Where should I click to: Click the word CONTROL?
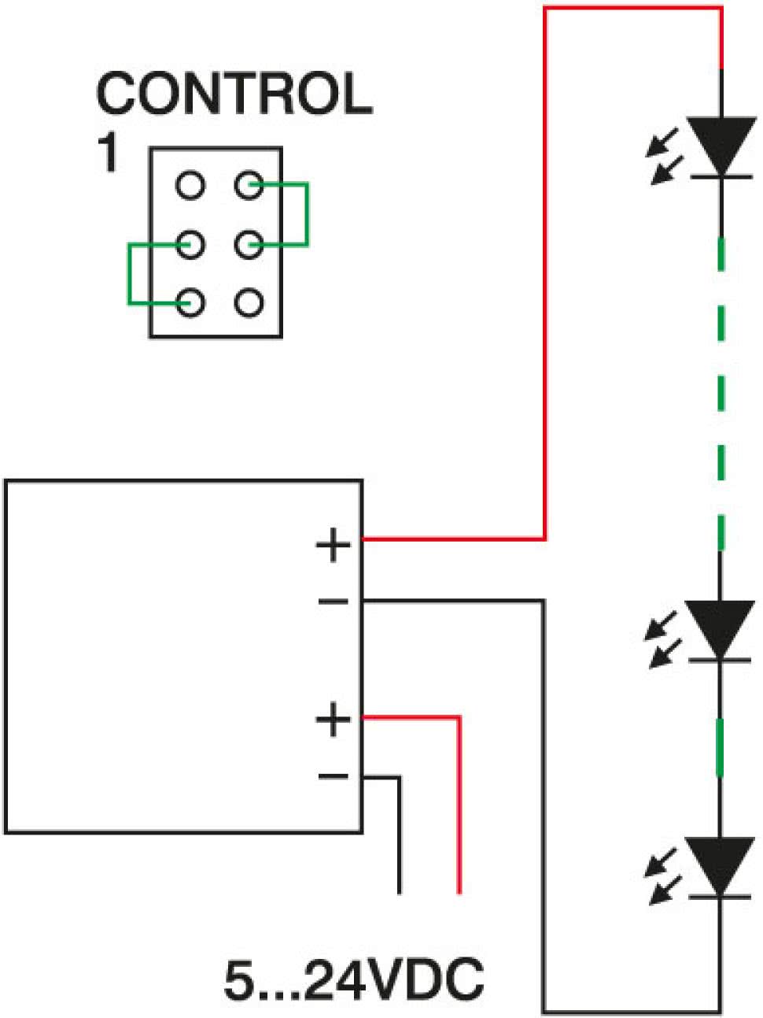pos(234,93)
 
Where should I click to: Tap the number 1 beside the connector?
pos(107,154)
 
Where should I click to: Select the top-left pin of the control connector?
pos(190,186)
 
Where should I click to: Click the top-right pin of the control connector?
pos(249,186)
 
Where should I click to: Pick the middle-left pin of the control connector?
pos(190,244)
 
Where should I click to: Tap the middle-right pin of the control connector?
pos(249,244)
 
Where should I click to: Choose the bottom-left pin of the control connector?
pos(190,303)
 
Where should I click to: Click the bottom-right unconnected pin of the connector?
pos(249,303)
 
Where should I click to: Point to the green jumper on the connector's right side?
pos(307,215)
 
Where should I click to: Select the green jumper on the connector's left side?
pos(130,274)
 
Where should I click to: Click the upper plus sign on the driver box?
pos(333,545)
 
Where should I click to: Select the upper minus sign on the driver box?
pos(333,602)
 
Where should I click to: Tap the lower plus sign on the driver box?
pos(333,720)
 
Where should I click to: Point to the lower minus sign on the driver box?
pos(333,777)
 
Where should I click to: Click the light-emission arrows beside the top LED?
pos(665,157)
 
